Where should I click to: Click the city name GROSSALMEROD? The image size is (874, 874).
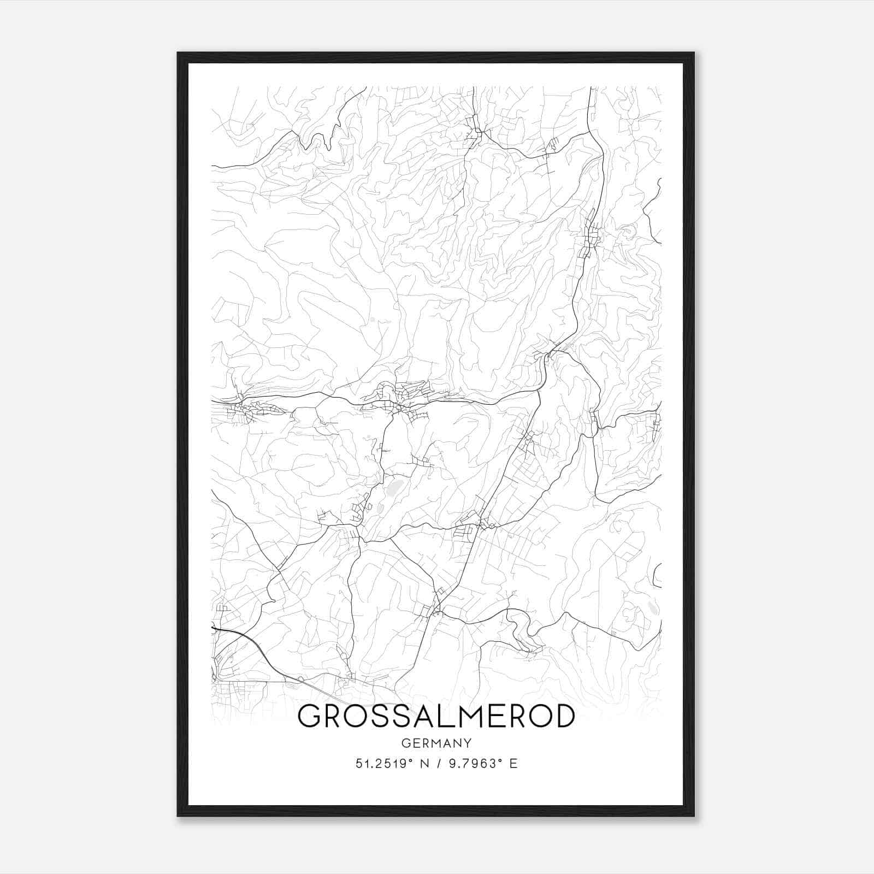point(436,717)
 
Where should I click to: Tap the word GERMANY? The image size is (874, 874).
point(436,743)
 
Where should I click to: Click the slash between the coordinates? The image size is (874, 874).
point(437,764)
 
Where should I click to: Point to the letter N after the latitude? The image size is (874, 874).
point(422,764)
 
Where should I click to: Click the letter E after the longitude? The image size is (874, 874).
point(513,764)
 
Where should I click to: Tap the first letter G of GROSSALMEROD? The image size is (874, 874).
point(309,717)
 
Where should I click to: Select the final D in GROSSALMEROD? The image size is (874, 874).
point(563,717)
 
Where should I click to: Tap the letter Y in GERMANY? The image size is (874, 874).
point(468,743)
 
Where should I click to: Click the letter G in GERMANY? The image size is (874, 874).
point(405,743)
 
